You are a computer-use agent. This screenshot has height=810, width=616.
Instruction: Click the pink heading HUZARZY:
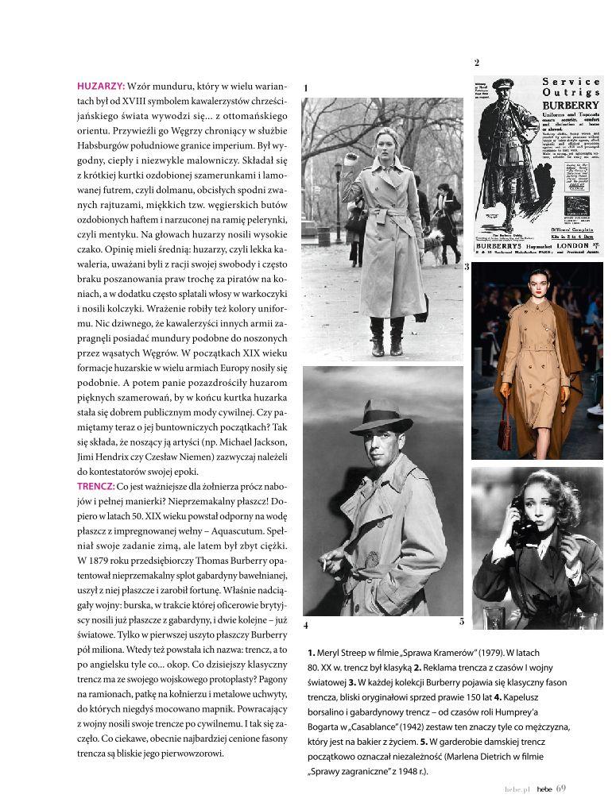[x=101, y=85]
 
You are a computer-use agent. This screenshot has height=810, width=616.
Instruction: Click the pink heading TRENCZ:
[x=95, y=485]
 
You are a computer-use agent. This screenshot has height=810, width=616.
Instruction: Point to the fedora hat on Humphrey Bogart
[x=382, y=419]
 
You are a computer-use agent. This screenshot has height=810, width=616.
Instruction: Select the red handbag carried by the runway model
[x=504, y=434]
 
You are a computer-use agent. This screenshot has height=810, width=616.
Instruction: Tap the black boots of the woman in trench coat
[x=386, y=337]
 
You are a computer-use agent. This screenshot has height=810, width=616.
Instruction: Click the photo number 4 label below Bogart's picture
[x=306, y=626]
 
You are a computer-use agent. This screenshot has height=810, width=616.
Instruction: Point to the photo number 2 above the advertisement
[x=476, y=63]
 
